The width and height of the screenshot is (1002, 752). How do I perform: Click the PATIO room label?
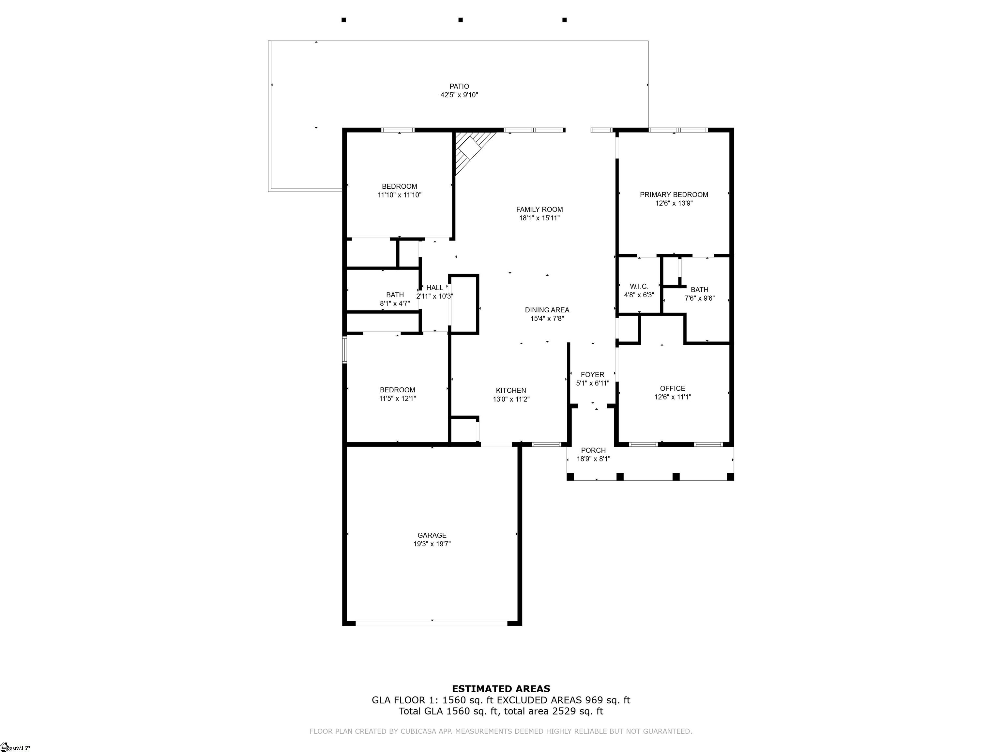tap(459, 86)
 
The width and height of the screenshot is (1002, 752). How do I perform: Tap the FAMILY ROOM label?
tap(539, 210)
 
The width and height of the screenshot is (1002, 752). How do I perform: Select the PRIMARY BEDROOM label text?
tap(674, 195)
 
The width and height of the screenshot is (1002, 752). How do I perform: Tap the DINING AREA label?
tap(547, 310)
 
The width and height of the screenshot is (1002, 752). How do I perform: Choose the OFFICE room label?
tap(672, 388)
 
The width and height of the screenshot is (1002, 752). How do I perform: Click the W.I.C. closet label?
tap(639, 287)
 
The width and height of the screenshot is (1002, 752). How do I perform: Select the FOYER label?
tap(592, 374)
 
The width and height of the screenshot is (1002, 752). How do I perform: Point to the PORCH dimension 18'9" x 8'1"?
tap(593, 459)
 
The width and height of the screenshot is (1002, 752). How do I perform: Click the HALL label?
tap(434, 287)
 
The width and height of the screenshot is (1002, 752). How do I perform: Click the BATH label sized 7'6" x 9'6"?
tap(699, 290)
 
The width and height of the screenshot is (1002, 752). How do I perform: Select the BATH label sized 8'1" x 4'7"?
tap(395, 295)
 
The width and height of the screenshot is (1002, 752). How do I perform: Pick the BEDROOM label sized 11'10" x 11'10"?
tap(399, 186)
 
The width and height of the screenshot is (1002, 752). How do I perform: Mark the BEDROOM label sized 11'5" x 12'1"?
tap(397, 390)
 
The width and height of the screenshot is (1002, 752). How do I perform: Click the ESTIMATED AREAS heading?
tap(501, 689)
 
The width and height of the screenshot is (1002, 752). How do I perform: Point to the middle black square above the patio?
tap(460, 20)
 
